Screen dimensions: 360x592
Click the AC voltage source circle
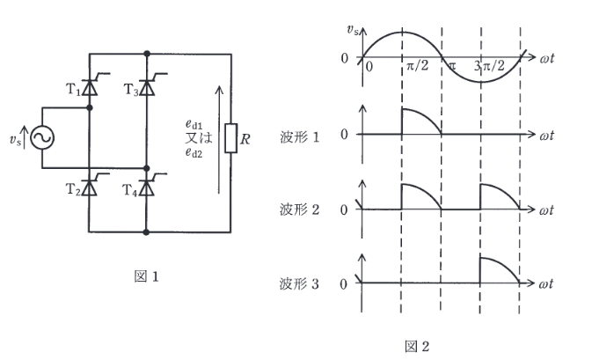pos(40,137)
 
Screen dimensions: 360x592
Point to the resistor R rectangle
pos(230,137)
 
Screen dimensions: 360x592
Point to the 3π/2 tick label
pos(487,67)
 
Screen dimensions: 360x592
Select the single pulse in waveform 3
pos(499,269)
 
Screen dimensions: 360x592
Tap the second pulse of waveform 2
pos(499,195)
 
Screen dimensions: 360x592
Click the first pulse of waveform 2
pos(420,195)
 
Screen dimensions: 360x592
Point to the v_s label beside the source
pos(15,137)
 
